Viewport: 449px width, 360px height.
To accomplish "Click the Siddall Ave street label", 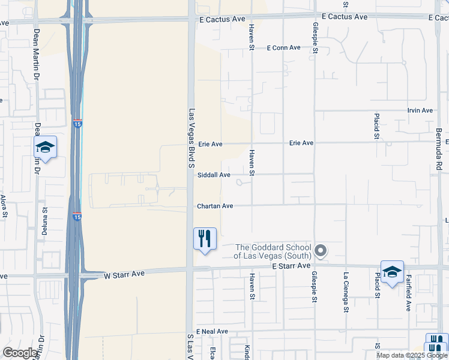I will pos(214,175).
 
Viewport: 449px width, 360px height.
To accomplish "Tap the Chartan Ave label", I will pos(215,206).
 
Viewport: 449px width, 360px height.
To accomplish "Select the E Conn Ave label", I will pos(283,47).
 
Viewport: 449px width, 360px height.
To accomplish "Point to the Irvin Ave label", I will pos(420,110).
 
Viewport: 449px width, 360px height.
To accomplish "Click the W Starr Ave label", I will pos(124,274).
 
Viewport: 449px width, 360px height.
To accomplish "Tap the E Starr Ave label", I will pos(291,265).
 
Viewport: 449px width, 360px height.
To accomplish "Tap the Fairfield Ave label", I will pos(408,293).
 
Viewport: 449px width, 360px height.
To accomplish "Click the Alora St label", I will pos(4,205).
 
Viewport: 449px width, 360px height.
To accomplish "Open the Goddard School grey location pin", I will pos(321,251).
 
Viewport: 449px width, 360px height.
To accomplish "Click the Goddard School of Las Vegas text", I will pos(273,251).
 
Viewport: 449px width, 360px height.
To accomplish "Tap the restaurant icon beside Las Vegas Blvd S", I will pos(205,239).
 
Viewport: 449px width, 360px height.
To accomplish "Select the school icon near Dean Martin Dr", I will pos(45,148).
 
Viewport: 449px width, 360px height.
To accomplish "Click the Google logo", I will pos(20,353).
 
